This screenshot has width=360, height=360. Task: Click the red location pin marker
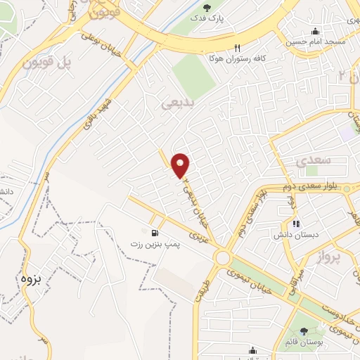coord(181,165)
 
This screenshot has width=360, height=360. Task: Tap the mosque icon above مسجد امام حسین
coord(314,31)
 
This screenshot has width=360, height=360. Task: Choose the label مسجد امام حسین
coord(314,42)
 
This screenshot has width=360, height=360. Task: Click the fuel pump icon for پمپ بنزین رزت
coord(154,232)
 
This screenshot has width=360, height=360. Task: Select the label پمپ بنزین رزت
coord(154,243)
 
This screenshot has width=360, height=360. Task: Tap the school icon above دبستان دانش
coord(296,224)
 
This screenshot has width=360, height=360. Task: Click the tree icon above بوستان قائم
coord(304,330)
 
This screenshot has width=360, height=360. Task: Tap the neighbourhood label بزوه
coord(32,278)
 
